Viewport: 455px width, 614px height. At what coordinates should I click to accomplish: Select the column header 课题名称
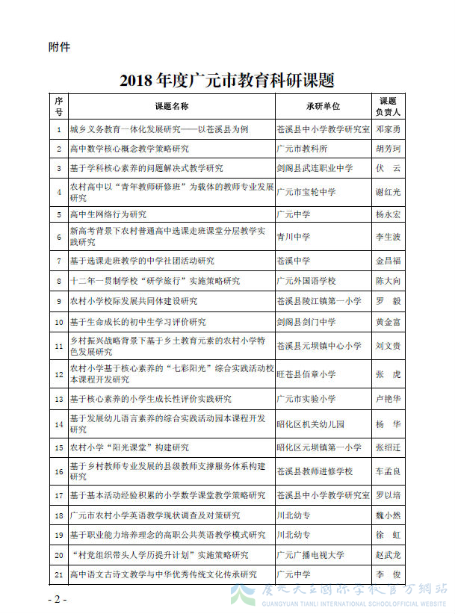click(x=171, y=106)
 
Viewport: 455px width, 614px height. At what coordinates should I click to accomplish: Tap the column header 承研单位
click(x=323, y=106)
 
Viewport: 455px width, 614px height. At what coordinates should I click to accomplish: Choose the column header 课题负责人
click(x=388, y=106)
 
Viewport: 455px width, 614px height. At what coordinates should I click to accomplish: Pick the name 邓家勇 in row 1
click(x=388, y=129)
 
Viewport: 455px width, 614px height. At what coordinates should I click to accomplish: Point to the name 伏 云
click(x=388, y=168)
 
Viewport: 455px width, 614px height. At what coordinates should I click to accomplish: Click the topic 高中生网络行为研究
click(x=108, y=214)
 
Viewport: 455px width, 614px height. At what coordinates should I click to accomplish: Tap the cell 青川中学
click(x=293, y=238)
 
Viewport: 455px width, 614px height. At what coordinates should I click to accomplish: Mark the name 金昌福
click(x=388, y=261)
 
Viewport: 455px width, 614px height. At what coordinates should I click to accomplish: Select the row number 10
click(x=59, y=322)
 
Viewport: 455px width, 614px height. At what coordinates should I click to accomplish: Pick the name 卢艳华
click(x=388, y=399)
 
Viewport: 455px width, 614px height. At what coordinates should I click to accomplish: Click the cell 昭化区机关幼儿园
click(x=310, y=424)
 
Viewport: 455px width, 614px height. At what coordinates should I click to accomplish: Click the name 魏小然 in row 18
click(x=388, y=515)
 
